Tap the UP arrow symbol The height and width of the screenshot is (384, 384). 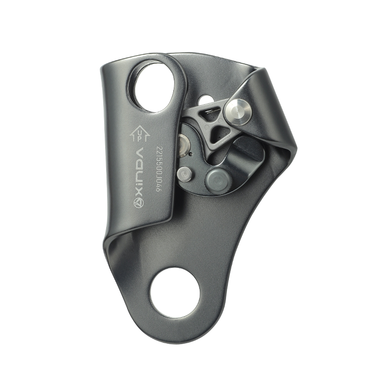139,133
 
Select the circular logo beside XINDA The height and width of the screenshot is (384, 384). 139,203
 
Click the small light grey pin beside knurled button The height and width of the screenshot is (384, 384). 184,174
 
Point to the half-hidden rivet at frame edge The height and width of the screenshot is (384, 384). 184,145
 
